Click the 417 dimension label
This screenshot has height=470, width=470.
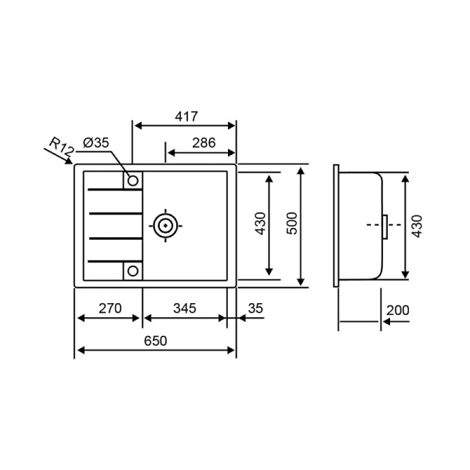pyautogui.click(x=186, y=116)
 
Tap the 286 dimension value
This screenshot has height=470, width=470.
pyautogui.click(x=204, y=143)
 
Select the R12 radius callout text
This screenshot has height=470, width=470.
pyautogui.click(x=62, y=146)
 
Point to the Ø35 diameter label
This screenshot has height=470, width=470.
pyautogui.click(x=96, y=143)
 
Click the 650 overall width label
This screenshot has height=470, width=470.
pyautogui.click(x=156, y=341)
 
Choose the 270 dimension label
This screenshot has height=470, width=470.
pyautogui.click(x=110, y=308)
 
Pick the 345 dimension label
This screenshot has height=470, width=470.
pyautogui.click(x=184, y=308)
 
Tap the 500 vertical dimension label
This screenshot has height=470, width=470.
pyautogui.click(x=292, y=224)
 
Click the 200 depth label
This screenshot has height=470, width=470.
pyautogui.click(x=398, y=311)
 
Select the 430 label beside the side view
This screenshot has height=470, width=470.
pyautogui.click(x=417, y=226)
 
